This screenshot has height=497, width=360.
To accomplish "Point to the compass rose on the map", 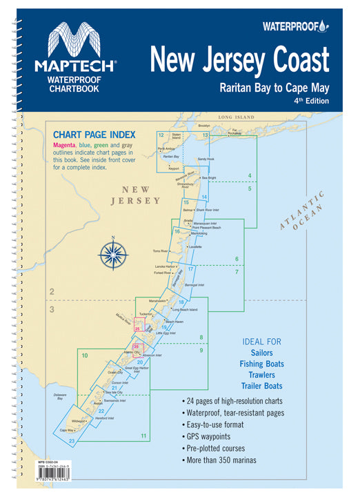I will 112,254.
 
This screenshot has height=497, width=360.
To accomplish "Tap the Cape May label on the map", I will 67,430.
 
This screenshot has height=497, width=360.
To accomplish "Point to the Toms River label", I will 161,251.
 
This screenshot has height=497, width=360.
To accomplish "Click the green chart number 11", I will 143,436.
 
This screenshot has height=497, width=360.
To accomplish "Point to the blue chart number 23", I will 72,440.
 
